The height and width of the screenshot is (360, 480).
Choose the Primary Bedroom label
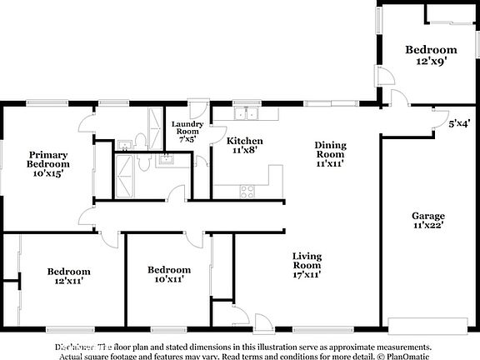coord(47,159)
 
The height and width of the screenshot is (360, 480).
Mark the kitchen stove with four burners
coord(247,191)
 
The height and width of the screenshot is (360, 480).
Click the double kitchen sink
coord(246,114)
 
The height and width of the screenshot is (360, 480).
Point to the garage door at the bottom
coord(427,324)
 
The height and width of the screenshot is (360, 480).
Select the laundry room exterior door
coord(197,110)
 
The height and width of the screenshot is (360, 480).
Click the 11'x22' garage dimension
coord(428,226)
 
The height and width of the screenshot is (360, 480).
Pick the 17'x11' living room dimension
coord(307,273)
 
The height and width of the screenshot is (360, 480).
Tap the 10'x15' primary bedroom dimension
coord(47,173)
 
